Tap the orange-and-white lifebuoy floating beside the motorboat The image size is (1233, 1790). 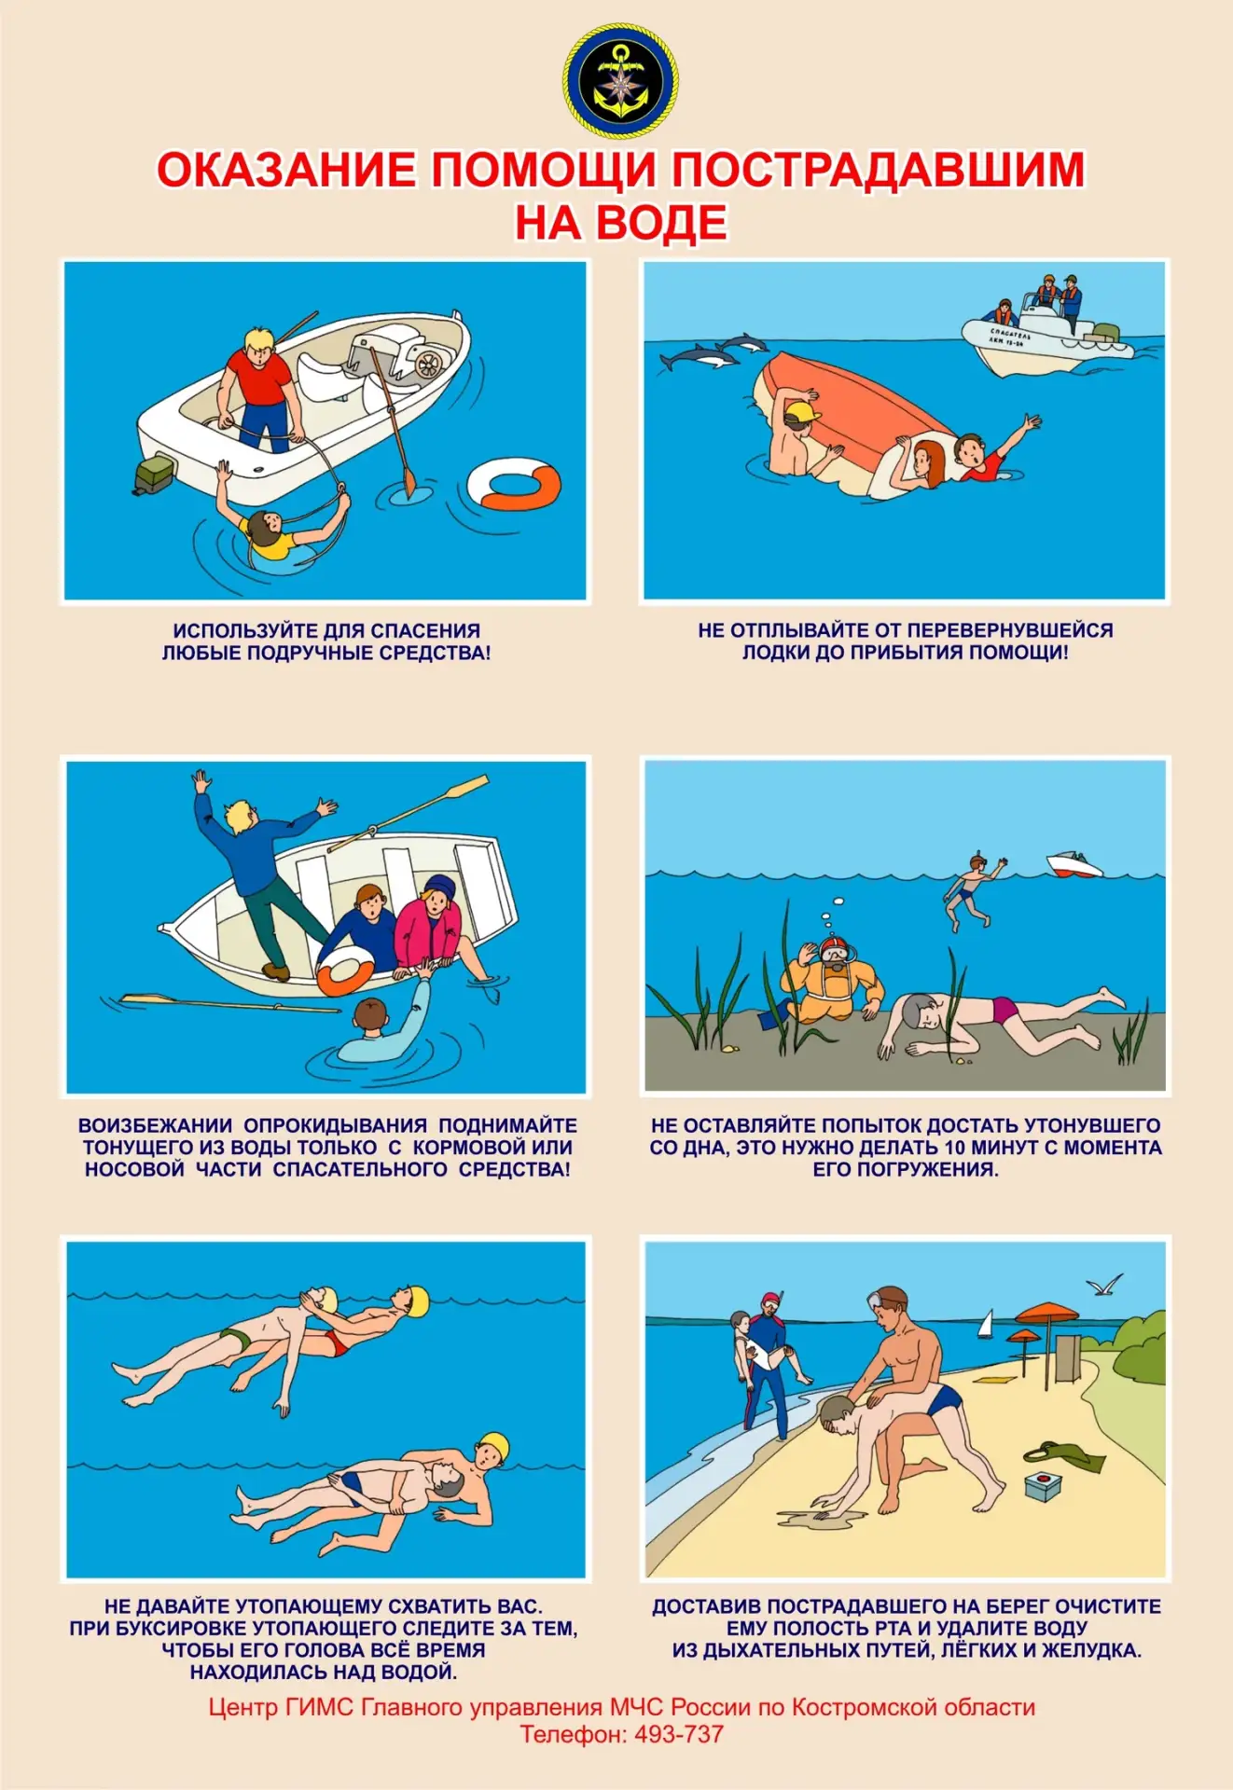tap(514, 483)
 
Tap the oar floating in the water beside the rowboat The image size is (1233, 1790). tap(229, 1003)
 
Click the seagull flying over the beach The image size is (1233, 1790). tap(1105, 1286)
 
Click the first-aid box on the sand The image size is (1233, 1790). tap(1042, 1486)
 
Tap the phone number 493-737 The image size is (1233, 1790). tap(679, 1734)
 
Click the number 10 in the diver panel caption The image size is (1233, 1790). tap(955, 1148)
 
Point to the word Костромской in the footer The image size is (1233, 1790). tap(866, 1707)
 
